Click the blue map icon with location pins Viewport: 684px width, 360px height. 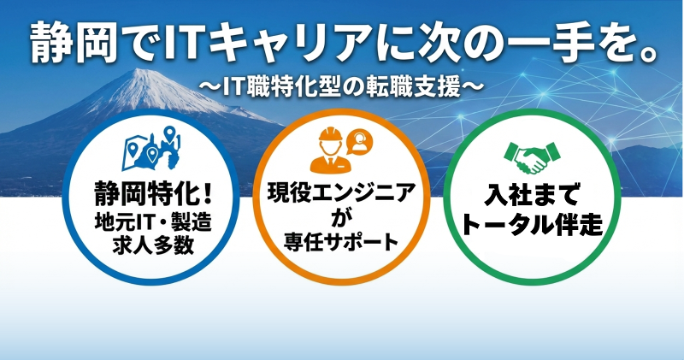153,149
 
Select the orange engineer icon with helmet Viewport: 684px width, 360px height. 329,149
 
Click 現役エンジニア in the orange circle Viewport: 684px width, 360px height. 341,192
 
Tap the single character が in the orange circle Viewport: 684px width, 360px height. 341,217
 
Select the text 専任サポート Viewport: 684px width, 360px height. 341,241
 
